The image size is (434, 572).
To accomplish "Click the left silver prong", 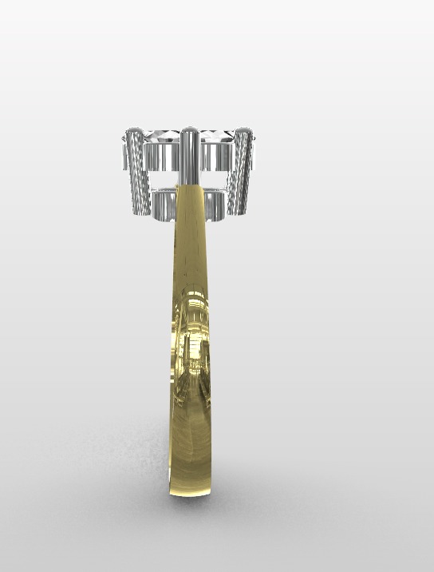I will (138, 172).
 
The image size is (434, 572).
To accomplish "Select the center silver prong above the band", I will (189, 156).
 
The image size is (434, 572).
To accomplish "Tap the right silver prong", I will (241, 172).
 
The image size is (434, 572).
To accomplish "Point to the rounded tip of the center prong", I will (189, 131).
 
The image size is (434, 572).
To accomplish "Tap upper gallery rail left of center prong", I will (163, 157).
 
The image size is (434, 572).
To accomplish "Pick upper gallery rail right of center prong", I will (215, 157).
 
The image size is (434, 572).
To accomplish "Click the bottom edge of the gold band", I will (191, 496).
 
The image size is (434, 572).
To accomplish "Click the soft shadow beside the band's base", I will (136, 479).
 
